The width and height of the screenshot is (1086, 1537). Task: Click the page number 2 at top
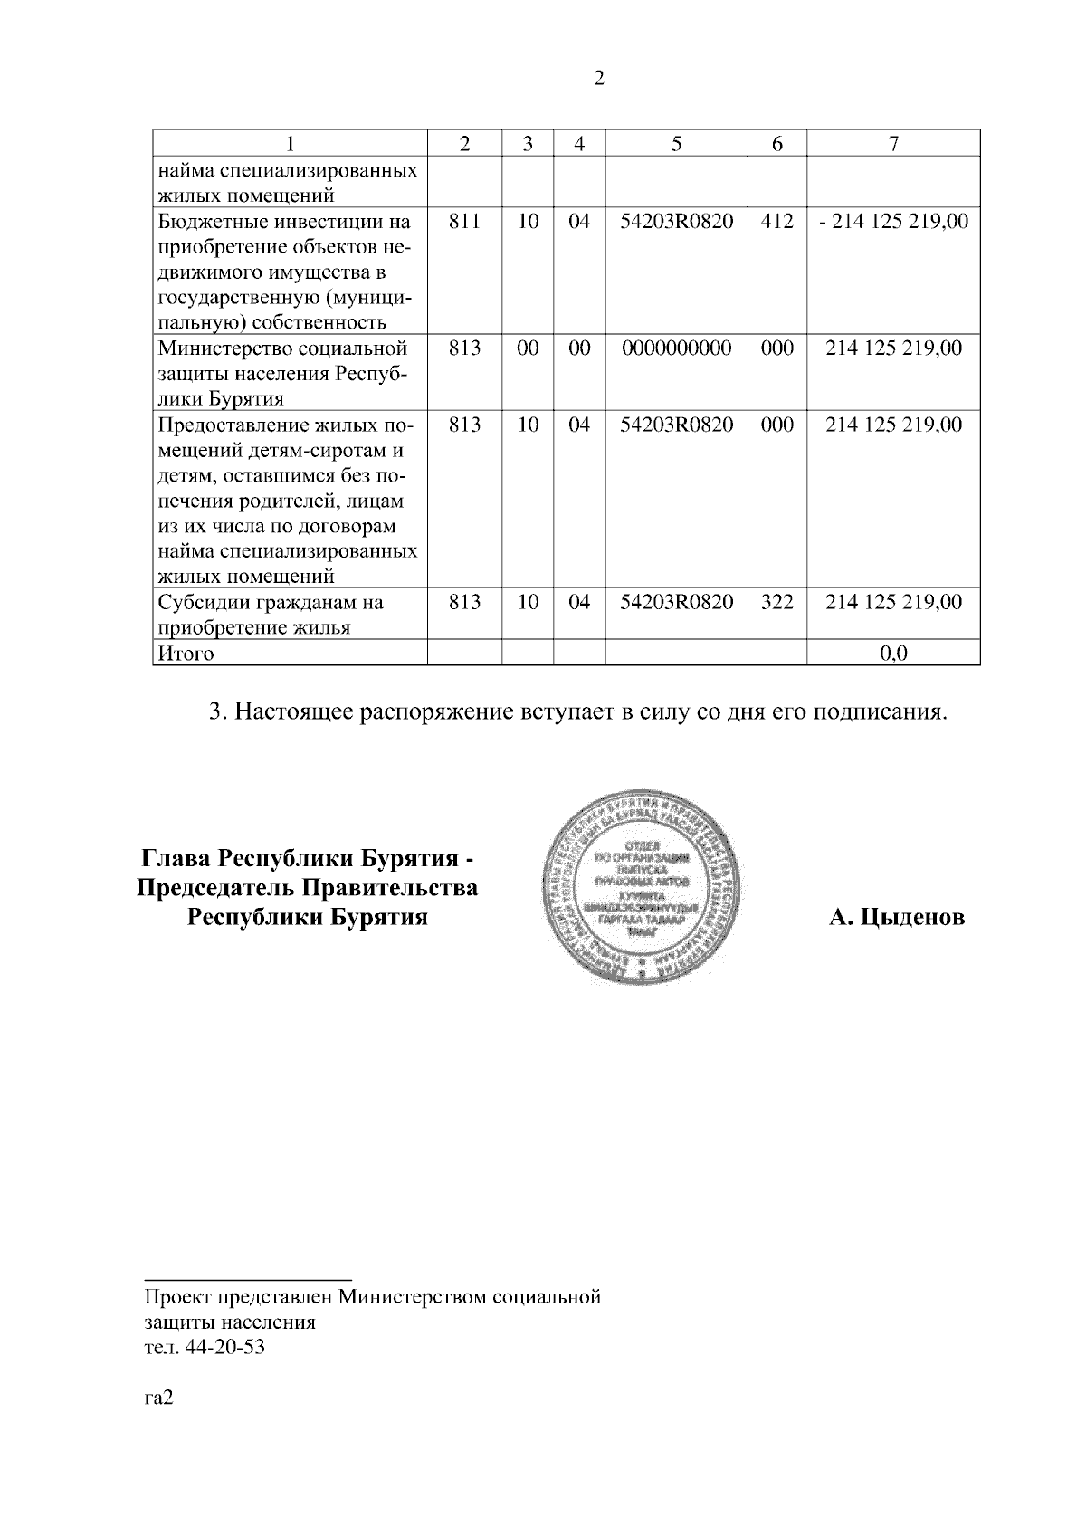click(x=598, y=79)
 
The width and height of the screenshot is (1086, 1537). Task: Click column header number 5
click(x=676, y=143)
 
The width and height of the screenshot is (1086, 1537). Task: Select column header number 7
click(x=893, y=143)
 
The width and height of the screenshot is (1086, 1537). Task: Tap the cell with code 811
click(x=464, y=221)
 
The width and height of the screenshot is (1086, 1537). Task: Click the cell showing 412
click(x=776, y=221)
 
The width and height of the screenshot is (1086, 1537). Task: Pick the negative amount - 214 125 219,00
click(x=893, y=221)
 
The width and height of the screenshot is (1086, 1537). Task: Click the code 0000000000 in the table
click(x=676, y=348)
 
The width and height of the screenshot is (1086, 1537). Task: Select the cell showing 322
click(x=776, y=601)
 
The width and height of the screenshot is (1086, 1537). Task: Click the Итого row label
click(x=186, y=653)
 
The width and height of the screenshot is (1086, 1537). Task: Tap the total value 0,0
click(x=893, y=653)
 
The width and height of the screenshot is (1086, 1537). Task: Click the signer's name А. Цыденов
click(x=897, y=917)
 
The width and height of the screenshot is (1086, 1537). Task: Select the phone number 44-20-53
click(x=224, y=1347)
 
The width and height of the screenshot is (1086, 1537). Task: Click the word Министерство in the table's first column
click(x=214, y=348)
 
